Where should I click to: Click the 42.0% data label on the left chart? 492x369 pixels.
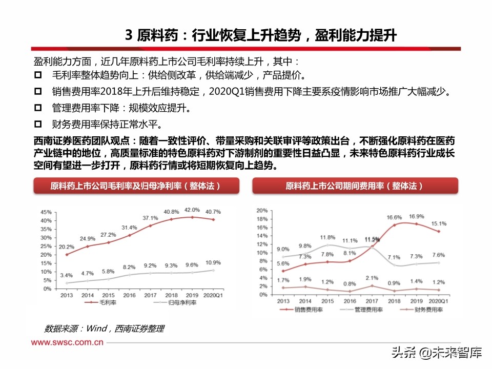[192, 210]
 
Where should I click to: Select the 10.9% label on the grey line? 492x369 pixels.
[213, 263]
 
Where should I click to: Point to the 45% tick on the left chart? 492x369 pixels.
[45, 212]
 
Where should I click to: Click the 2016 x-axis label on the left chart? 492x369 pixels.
[129, 296]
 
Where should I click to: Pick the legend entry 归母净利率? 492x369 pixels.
[170, 303]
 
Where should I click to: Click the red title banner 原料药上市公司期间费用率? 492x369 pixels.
[355, 186]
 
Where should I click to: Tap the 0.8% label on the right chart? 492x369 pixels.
[350, 283]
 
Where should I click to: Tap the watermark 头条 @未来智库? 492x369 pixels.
[437, 353]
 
